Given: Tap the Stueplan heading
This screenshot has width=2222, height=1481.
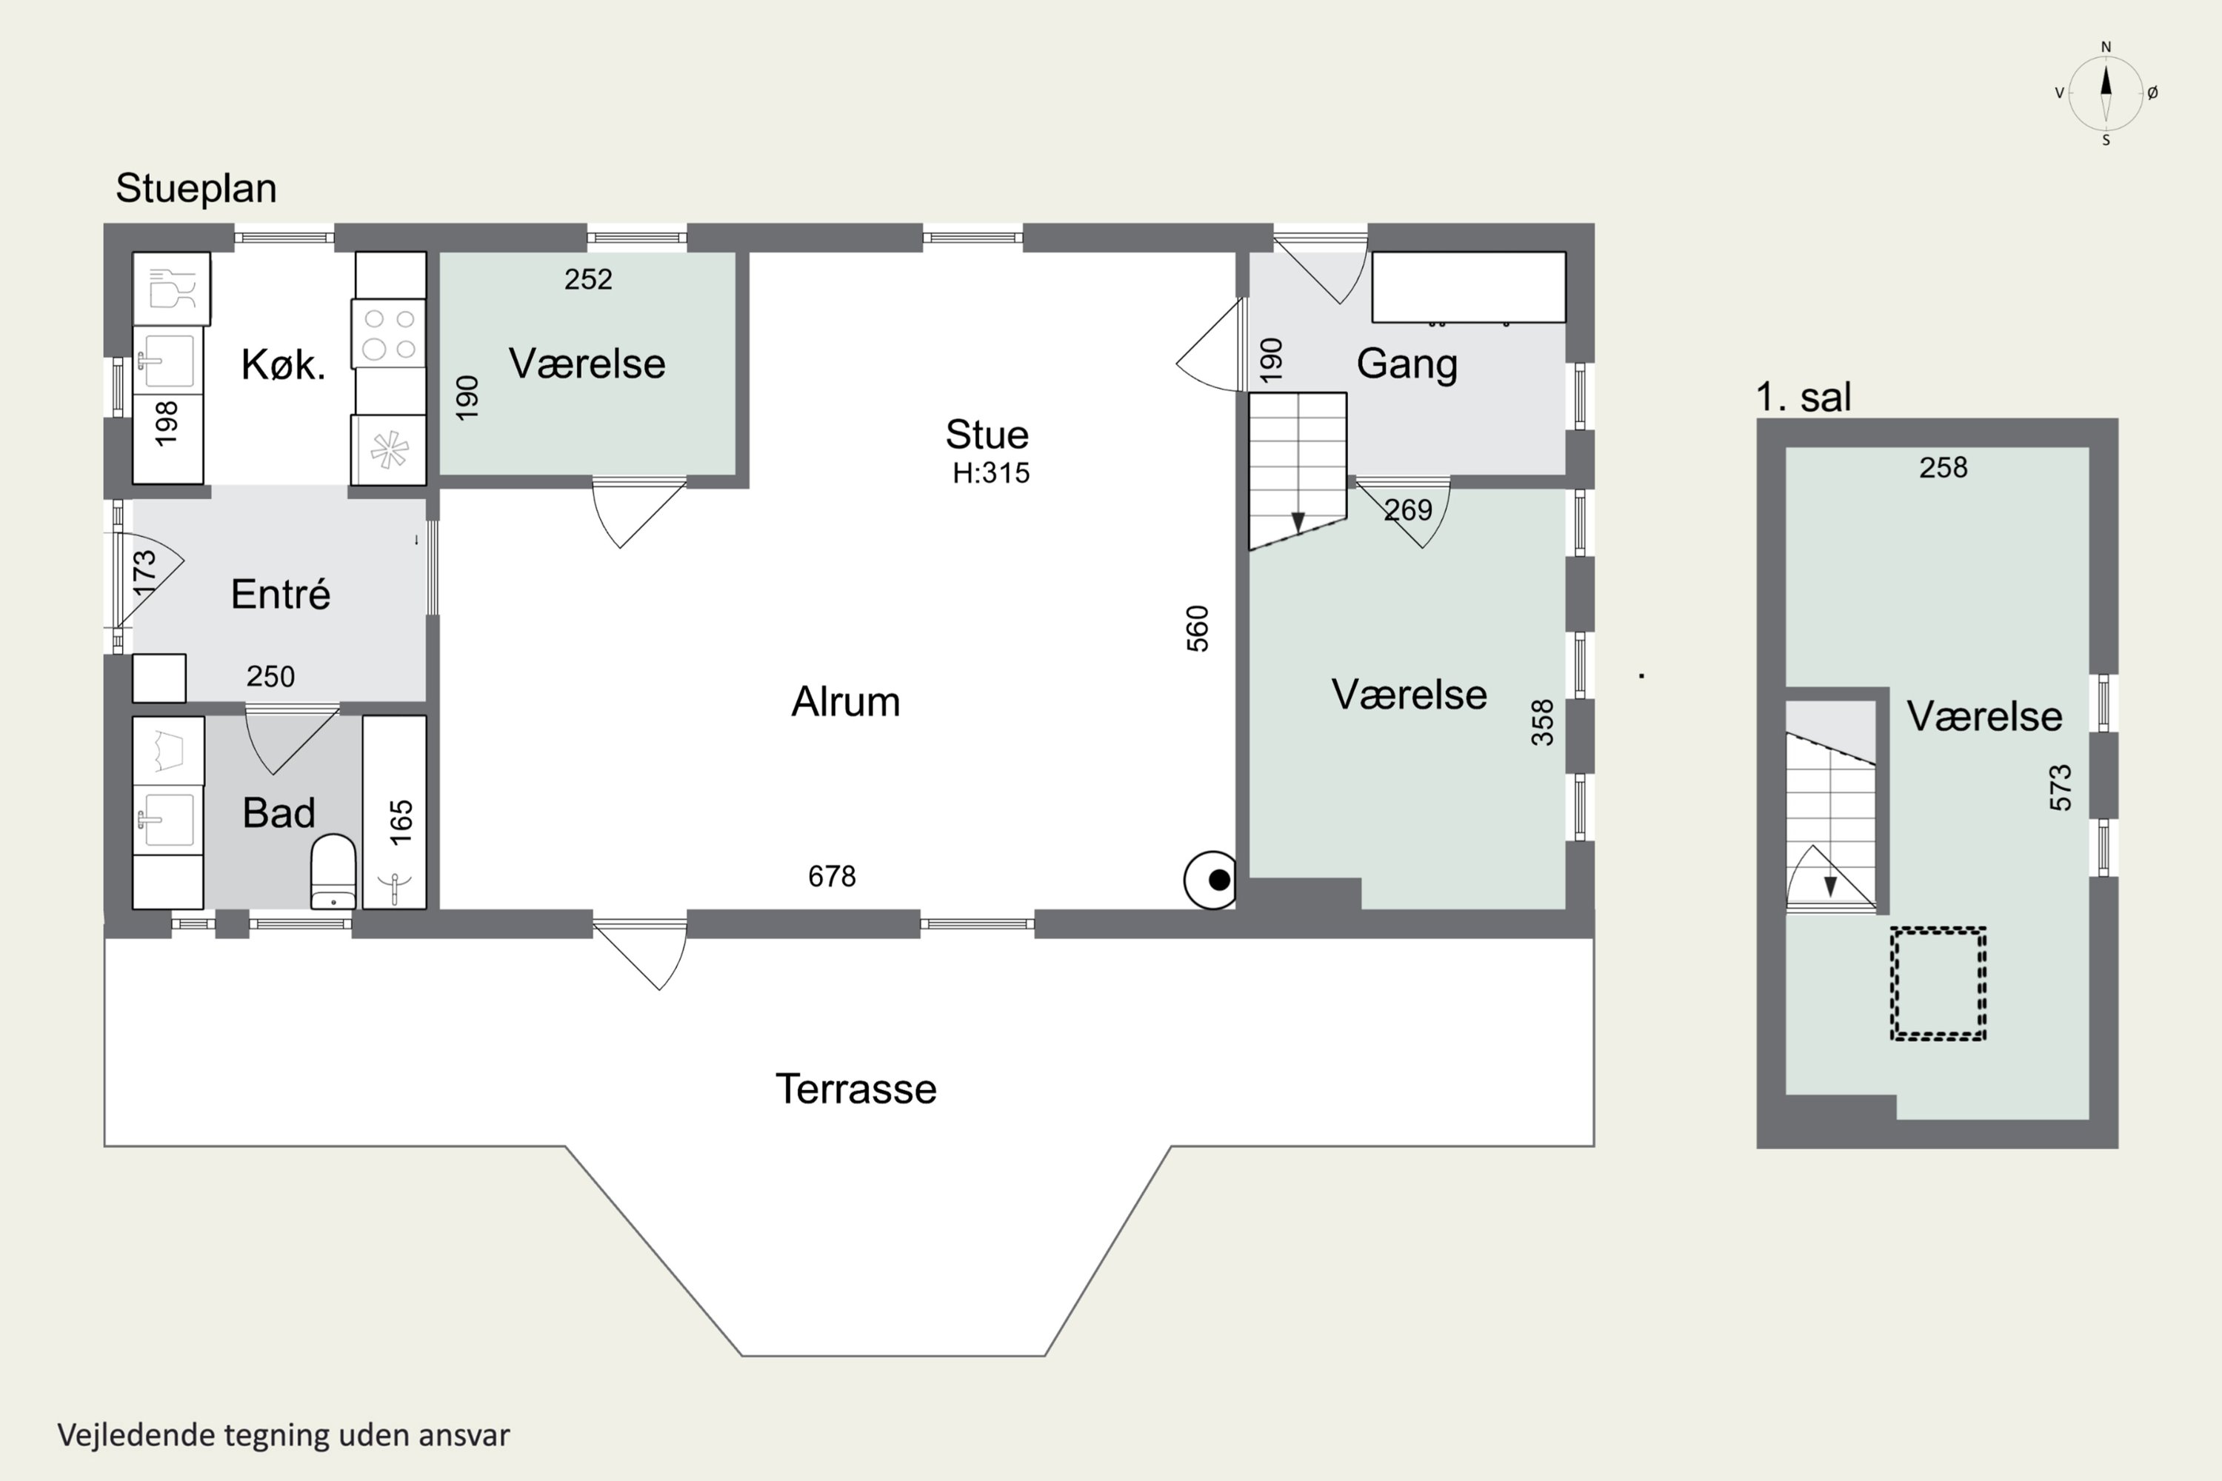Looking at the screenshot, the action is click(x=196, y=188).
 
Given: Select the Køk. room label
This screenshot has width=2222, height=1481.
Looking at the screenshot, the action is click(x=284, y=364).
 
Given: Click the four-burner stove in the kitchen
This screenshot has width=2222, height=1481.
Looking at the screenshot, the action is click(x=390, y=333).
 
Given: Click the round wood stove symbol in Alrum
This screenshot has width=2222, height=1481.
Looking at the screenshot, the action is click(x=1210, y=880).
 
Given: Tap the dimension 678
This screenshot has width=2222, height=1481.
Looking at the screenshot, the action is click(x=833, y=877).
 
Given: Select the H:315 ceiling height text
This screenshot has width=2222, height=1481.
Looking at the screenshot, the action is click(x=991, y=472).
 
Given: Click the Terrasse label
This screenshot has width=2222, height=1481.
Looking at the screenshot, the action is click(x=856, y=1089).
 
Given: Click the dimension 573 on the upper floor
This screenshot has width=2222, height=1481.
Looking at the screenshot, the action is click(x=2061, y=788).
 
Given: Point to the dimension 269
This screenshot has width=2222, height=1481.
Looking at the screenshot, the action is click(x=1409, y=510).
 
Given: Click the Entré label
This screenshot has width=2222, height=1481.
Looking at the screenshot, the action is click(x=281, y=594).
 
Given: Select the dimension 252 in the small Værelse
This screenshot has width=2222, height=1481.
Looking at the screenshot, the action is click(x=589, y=280).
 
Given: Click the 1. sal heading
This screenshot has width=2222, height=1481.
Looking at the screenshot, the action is click(x=1804, y=397).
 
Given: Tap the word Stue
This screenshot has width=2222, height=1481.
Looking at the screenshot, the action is click(x=987, y=435).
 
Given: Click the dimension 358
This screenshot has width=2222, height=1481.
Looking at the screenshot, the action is click(x=1543, y=723).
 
